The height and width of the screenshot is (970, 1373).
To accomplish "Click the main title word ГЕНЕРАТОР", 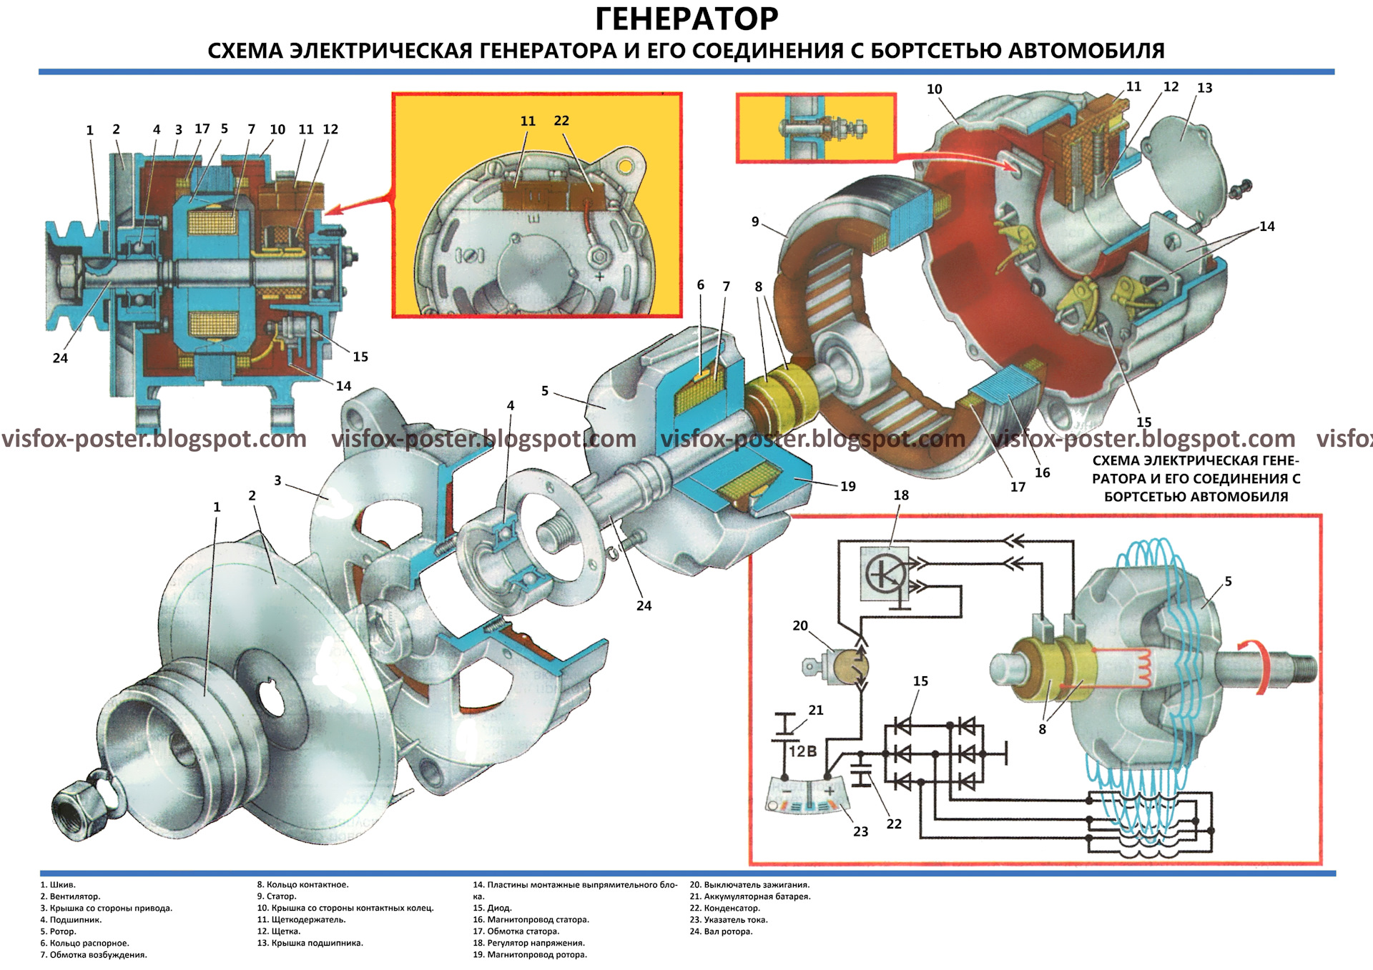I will (686, 19).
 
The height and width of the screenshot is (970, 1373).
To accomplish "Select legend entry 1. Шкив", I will (58, 885).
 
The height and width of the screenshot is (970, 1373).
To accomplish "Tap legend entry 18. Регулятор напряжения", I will (528, 943).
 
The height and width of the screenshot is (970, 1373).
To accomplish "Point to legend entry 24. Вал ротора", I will (721, 931).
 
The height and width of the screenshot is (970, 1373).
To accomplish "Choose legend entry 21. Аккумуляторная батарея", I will (750, 896).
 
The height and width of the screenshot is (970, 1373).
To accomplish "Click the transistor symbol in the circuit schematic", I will (885, 573).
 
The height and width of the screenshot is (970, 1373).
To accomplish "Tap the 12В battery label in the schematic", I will (803, 751).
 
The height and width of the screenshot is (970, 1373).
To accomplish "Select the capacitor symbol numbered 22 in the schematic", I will (862, 778).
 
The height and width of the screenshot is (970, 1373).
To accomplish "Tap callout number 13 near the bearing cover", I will (1205, 88).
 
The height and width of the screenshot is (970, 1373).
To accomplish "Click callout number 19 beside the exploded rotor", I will (848, 487).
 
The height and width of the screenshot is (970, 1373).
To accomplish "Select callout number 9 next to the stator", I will (755, 222).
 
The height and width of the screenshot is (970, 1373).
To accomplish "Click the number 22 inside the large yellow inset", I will (561, 121).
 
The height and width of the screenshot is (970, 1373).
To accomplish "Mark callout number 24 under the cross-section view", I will (60, 358).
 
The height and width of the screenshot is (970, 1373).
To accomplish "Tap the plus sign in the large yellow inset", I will (599, 277).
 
